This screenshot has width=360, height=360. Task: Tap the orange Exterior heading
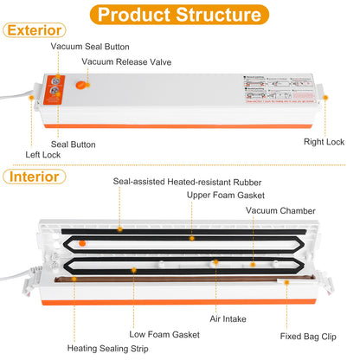coord(34,30)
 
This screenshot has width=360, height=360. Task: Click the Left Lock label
coord(43,155)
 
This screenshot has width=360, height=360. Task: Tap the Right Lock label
coord(324,141)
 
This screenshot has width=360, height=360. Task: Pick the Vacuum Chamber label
coord(280,210)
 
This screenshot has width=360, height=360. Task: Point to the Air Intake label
coord(228,317)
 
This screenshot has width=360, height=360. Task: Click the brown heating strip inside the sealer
coord(173,283)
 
